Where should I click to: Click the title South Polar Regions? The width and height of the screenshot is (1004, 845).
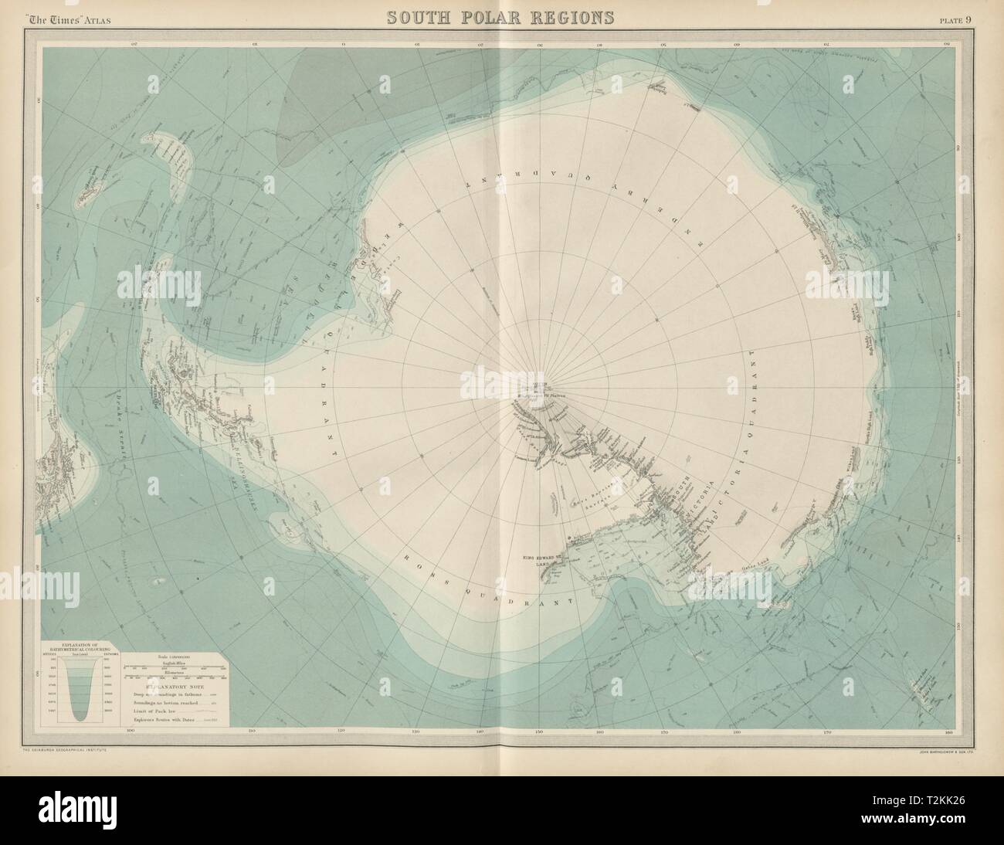(x=503, y=17)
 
